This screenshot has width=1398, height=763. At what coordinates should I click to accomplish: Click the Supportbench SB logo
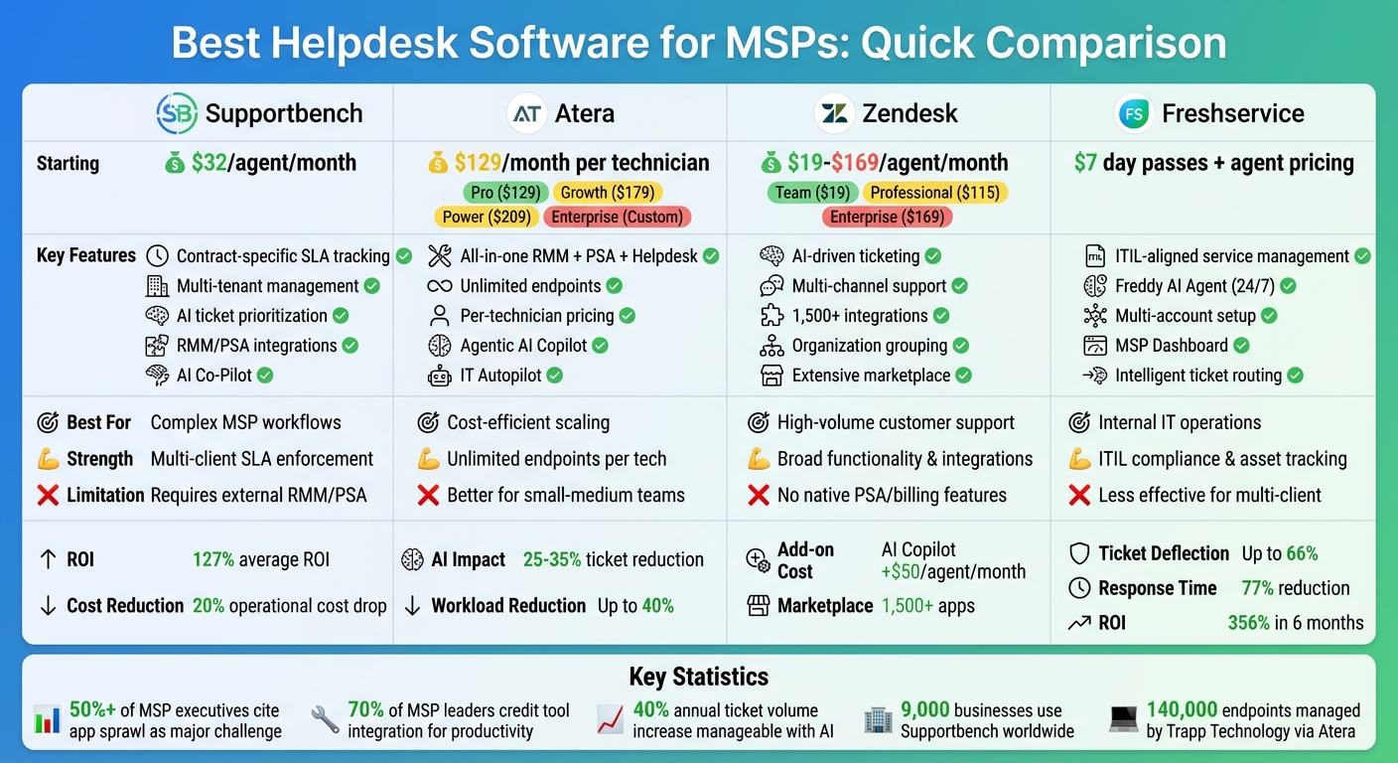pyautogui.click(x=178, y=113)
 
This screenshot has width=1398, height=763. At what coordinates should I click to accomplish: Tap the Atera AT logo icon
pyautogui.click(x=527, y=113)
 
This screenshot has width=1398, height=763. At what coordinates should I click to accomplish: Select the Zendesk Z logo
pyautogui.click(x=834, y=113)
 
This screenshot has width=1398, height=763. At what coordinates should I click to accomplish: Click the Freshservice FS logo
pyautogui.click(x=1133, y=113)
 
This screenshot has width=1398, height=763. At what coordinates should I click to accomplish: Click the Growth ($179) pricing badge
pyautogui.click(x=607, y=192)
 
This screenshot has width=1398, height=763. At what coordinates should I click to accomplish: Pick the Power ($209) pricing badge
pyautogui.click(x=486, y=217)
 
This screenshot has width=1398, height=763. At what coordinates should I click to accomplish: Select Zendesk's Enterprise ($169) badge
pyautogui.click(x=886, y=217)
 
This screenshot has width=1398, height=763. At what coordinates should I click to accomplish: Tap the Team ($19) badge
pyautogui.click(x=812, y=192)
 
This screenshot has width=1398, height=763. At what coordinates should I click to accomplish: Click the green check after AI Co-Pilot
pyautogui.click(x=265, y=376)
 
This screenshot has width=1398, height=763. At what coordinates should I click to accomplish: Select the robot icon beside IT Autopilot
pyautogui.click(x=439, y=376)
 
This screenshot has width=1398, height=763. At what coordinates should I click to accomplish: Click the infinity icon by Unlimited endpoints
pyautogui.click(x=439, y=286)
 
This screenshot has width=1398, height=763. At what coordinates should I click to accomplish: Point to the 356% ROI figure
pyautogui.click(x=1248, y=623)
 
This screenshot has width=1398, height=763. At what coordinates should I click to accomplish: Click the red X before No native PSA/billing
pyautogui.click(x=759, y=495)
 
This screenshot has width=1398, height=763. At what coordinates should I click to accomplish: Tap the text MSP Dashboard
pyautogui.click(x=1171, y=346)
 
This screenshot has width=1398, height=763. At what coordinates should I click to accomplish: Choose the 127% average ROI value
pyautogui.click(x=212, y=559)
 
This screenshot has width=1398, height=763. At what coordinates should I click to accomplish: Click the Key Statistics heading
pyautogui.click(x=698, y=677)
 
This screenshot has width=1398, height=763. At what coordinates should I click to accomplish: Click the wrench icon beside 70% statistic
pyautogui.click(x=325, y=720)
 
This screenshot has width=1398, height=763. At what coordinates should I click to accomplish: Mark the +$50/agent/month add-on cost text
pyautogui.click(x=953, y=571)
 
